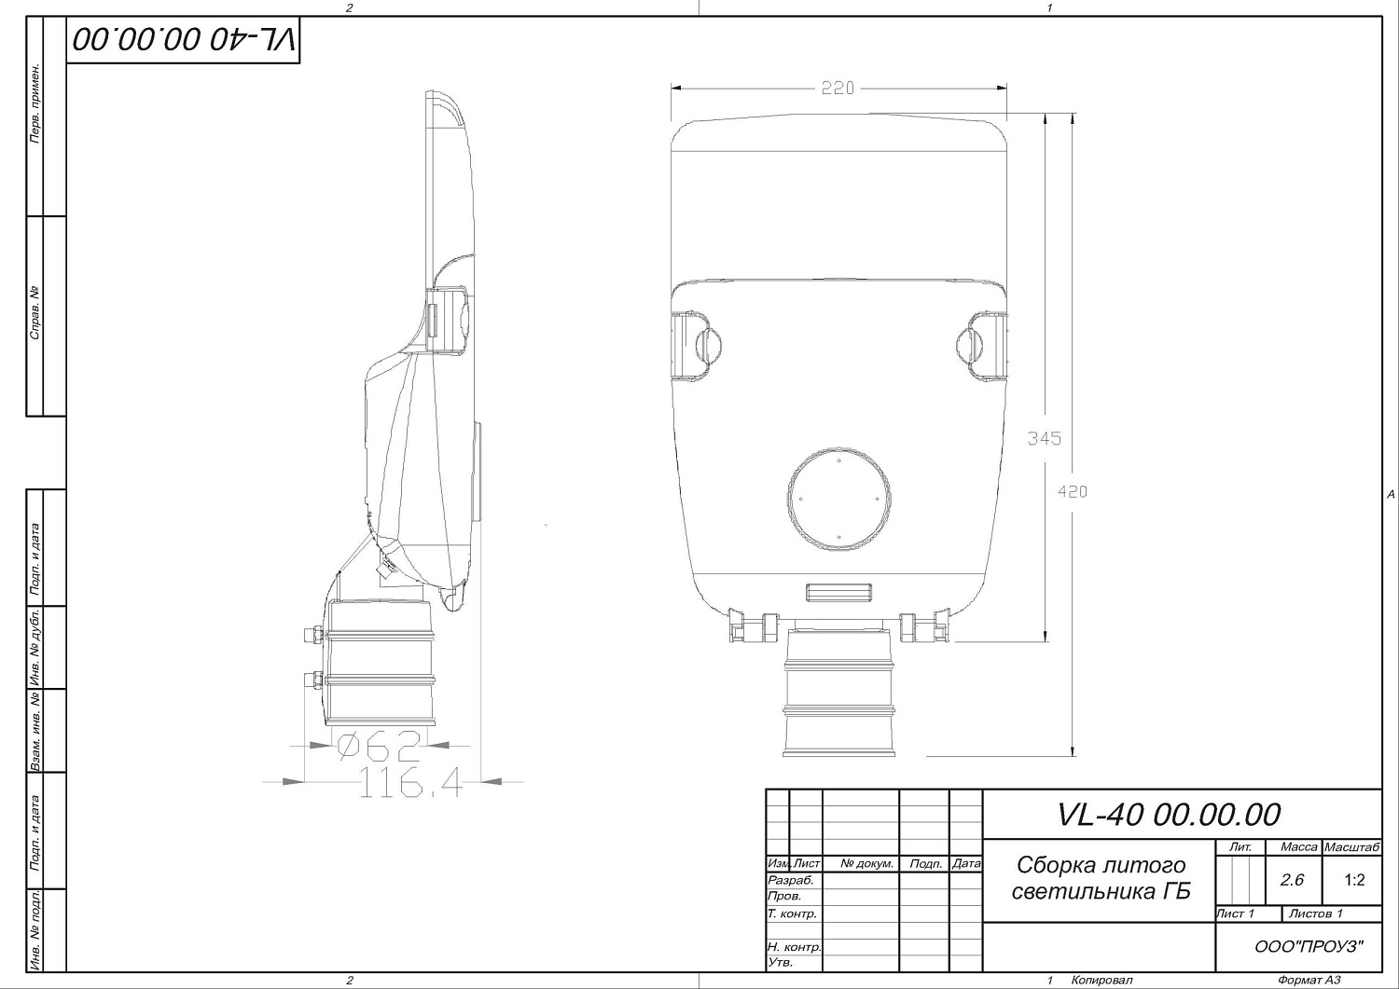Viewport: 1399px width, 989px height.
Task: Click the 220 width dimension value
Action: pyautogui.click(x=838, y=89)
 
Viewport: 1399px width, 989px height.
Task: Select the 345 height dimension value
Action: pyautogui.click(x=1044, y=438)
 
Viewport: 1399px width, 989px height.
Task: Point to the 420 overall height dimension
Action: pyautogui.click(x=1073, y=491)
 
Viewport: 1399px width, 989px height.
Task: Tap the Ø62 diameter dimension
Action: pyautogui.click(x=379, y=747)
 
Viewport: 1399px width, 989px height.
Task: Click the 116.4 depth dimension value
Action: pyautogui.click(x=409, y=784)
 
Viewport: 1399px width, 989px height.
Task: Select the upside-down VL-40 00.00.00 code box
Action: pyautogui.click(x=183, y=40)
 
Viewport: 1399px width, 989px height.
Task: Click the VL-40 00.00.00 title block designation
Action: pyautogui.click(x=1169, y=814)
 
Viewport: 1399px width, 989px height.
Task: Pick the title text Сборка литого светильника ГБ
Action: pyautogui.click(x=1101, y=878)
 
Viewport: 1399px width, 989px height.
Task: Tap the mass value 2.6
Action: pyautogui.click(x=1292, y=880)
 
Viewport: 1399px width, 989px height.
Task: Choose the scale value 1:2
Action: pyautogui.click(x=1354, y=880)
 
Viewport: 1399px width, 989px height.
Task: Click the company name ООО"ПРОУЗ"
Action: pyautogui.click(x=1309, y=947)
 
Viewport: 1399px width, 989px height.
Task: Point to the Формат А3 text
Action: pyautogui.click(x=1309, y=980)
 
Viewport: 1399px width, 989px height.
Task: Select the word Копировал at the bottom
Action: pyautogui.click(x=1101, y=980)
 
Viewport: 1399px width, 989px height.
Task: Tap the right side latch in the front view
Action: pyautogui.click(x=983, y=346)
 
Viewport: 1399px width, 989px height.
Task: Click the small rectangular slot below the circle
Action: pyautogui.click(x=838, y=592)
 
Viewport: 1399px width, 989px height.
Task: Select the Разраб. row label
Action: pyautogui.click(x=790, y=880)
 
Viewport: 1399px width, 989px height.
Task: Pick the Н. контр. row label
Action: pyautogui.click(x=794, y=947)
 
